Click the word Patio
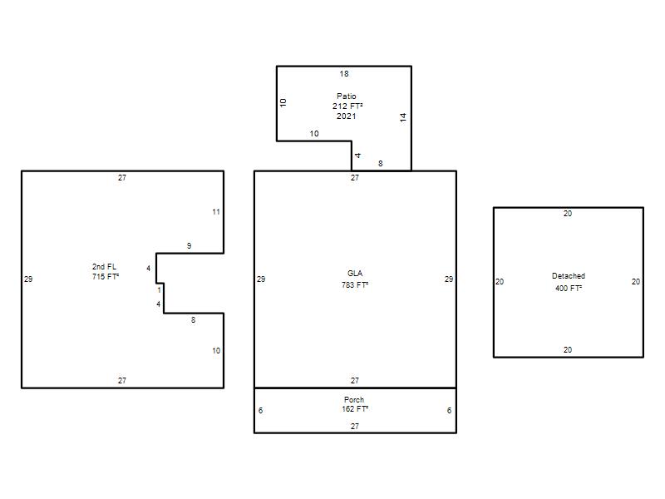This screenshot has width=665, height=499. click(x=346, y=96)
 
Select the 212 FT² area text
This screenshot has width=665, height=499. click(x=347, y=106)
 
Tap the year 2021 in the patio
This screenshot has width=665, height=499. click(x=346, y=116)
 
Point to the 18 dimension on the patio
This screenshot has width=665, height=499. click(x=344, y=74)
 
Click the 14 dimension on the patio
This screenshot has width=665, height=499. click(x=403, y=117)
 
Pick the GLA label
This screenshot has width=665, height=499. click(x=355, y=274)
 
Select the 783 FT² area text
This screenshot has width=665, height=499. click(x=355, y=285)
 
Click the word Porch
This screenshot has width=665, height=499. click(x=354, y=400)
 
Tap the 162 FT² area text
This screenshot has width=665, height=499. click(x=355, y=409)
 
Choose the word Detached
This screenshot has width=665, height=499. click(x=569, y=276)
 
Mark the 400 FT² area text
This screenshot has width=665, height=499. click(x=569, y=289)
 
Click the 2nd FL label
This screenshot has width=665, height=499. click(x=105, y=267)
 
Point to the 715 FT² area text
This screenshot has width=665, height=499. click(x=106, y=277)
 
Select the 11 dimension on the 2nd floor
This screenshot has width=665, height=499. click(x=216, y=212)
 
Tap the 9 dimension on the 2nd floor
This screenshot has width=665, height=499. click(x=190, y=246)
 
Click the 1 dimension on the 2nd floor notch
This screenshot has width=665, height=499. click(x=160, y=290)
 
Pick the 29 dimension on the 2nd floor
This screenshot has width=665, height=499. click(x=28, y=279)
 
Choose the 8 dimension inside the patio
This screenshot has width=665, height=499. click(x=381, y=164)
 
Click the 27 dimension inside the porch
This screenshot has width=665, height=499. click(x=355, y=427)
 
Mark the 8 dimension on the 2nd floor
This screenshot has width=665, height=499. click(x=194, y=320)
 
